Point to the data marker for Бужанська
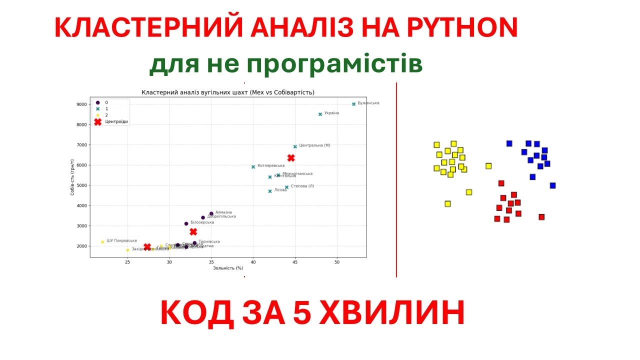[353, 104]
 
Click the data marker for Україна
[320, 114]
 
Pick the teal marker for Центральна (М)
[295, 146]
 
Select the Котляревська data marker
[253, 167]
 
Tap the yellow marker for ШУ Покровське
[102, 242]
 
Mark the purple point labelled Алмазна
[211, 213]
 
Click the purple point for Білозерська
[186, 223]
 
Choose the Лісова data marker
[270, 191]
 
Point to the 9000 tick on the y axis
[81, 104]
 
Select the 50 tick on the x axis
[337, 262]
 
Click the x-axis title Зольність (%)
[228, 268]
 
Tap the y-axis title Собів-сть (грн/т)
[73, 182]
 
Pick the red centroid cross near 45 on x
[291, 158]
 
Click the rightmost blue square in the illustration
[552, 185]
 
